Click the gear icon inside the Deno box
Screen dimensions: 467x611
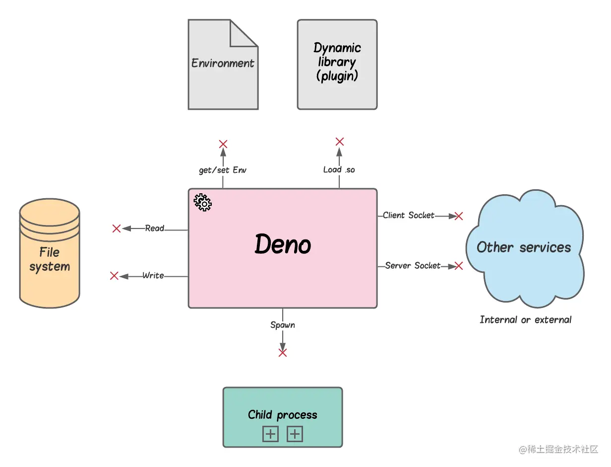pos(202,203)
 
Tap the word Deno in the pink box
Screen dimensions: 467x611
pos(283,244)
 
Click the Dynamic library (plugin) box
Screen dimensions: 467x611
pos(337,64)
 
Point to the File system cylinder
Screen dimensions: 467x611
pos(50,253)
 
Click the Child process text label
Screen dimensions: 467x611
pos(283,415)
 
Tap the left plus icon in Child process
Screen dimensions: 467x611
pos(270,435)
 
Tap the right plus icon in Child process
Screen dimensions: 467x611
pos(295,435)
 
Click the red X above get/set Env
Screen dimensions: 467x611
pos(223,144)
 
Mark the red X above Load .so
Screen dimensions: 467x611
pos(340,141)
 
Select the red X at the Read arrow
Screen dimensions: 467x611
pos(117,229)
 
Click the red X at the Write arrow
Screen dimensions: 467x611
pos(114,276)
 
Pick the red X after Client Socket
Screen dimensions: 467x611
pos(459,216)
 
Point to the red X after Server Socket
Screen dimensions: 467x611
pos(459,266)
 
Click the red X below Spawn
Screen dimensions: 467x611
pos(283,353)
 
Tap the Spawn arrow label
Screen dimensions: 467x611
pos(283,325)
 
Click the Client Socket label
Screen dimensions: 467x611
pos(409,215)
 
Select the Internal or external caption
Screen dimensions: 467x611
pos(526,320)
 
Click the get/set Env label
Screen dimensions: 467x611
pos(223,170)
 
